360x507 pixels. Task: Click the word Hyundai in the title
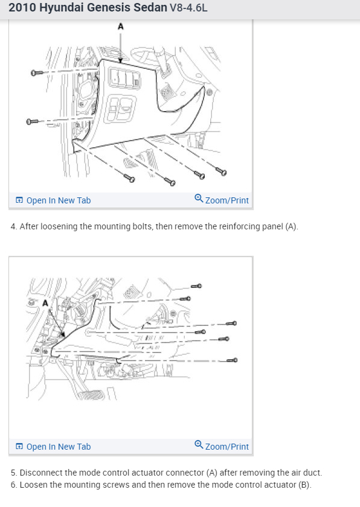click(x=61, y=7)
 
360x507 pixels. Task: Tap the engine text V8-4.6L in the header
click(x=188, y=7)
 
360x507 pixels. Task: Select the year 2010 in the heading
click(x=22, y=7)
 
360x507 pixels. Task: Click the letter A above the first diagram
click(x=121, y=26)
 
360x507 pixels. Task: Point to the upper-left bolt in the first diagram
click(x=36, y=73)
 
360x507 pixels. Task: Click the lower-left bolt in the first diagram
click(x=32, y=121)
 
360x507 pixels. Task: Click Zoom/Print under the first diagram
click(x=227, y=200)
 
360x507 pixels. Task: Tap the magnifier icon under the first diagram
click(x=199, y=198)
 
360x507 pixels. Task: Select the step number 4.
click(x=13, y=226)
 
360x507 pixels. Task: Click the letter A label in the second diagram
click(x=45, y=303)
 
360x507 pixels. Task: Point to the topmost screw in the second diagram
click(x=196, y=286)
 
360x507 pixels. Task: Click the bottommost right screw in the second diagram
click(x=232, y=360)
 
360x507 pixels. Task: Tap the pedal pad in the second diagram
click(x=92, y=395)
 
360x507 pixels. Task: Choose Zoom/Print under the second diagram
click(x=227, y=447)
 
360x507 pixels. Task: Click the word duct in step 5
click(x=312, y=473)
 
